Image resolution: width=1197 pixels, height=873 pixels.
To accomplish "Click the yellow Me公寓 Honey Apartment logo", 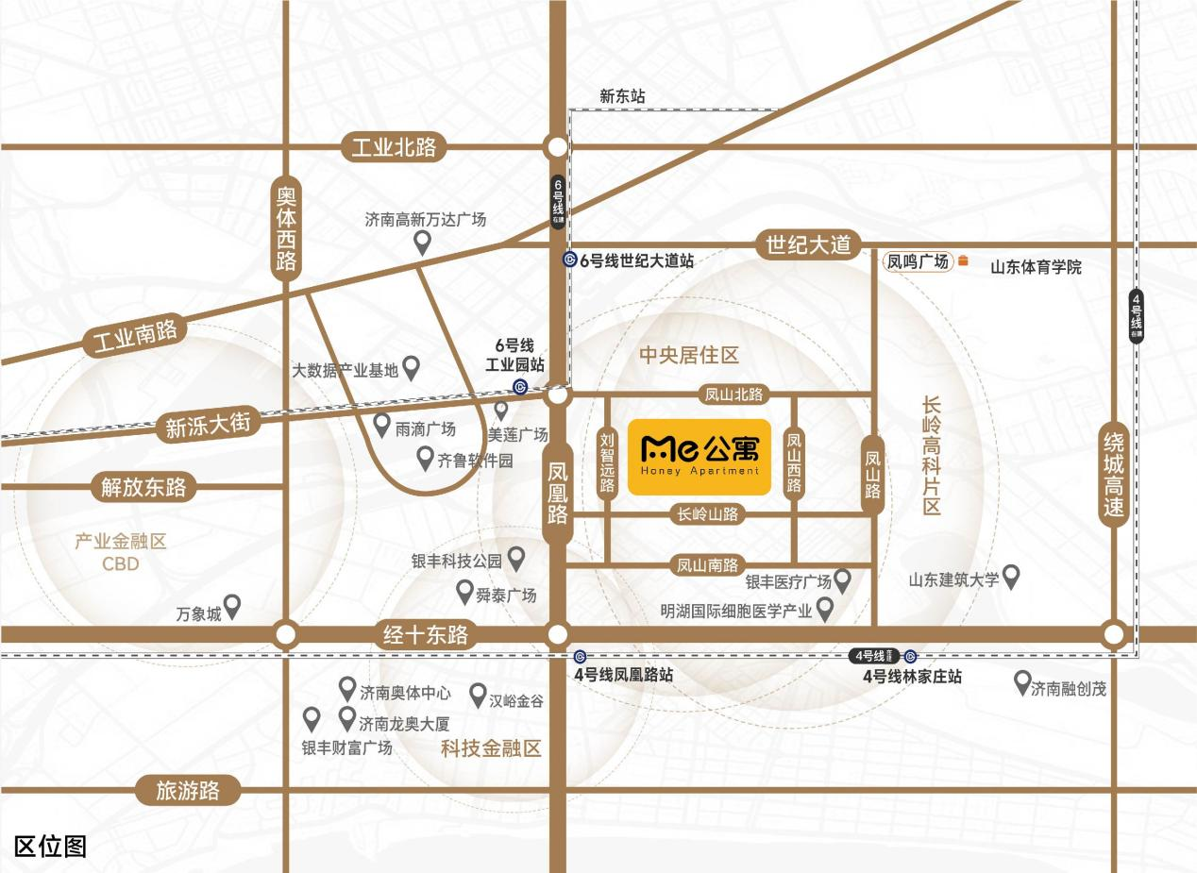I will click(700, 457).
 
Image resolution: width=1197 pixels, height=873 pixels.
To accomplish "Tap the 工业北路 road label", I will click(394, 147).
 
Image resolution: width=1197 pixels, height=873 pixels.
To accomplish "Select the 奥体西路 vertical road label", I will click(286, 227).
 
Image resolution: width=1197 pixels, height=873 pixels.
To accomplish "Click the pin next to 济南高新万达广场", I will click(424, 243).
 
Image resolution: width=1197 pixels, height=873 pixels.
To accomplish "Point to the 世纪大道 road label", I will click(808, 245).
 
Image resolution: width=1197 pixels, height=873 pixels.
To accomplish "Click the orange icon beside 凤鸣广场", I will click(963, 261).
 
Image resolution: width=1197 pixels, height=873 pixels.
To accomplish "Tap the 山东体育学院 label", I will click(1036, 267).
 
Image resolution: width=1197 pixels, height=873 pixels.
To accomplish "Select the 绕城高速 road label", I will click(1114, 474).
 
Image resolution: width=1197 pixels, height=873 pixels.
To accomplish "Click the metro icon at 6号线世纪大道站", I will click(569, 260).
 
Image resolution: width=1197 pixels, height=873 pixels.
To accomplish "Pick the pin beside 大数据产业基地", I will click(411, 367).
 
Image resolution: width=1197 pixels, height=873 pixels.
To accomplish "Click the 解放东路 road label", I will click(144, 488).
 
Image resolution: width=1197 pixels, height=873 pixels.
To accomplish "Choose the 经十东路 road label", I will click(426, 634).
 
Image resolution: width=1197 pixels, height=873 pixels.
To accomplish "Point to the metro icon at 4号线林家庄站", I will click(910, 657).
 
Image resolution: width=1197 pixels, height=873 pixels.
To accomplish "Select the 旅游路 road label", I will click(188, 790).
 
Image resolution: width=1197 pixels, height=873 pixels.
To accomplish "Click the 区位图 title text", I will click(50, 846).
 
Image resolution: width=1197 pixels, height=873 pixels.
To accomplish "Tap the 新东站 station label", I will click(622, 96).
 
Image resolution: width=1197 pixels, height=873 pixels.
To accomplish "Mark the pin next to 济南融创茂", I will click(1021, 682).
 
